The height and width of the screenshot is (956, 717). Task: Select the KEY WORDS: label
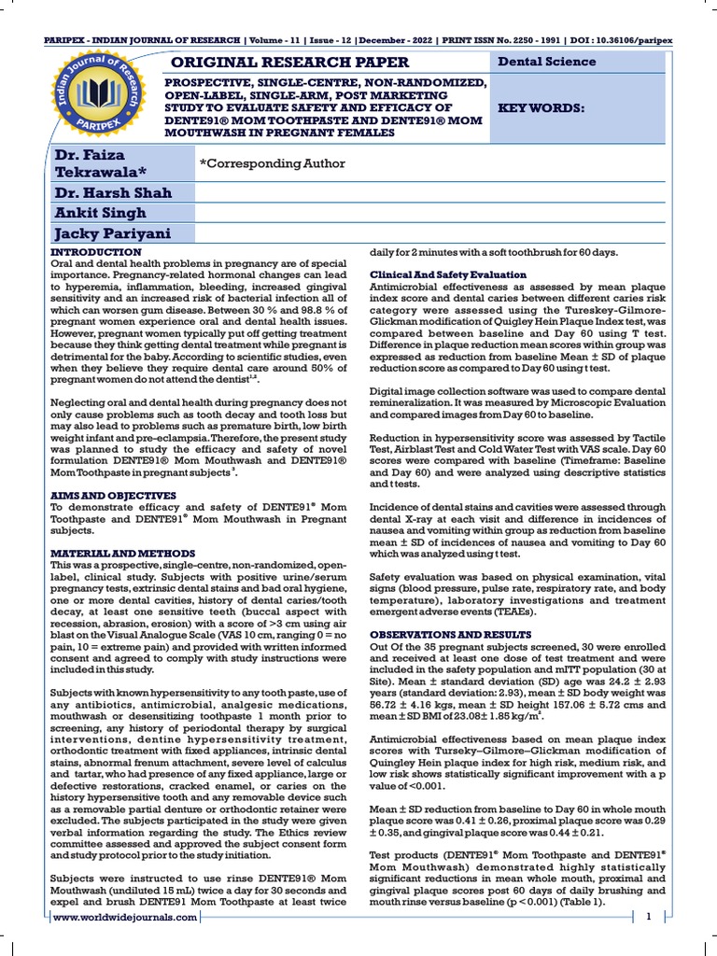541,108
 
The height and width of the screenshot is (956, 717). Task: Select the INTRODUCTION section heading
95,253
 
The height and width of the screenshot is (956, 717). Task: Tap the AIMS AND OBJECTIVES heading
112,495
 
